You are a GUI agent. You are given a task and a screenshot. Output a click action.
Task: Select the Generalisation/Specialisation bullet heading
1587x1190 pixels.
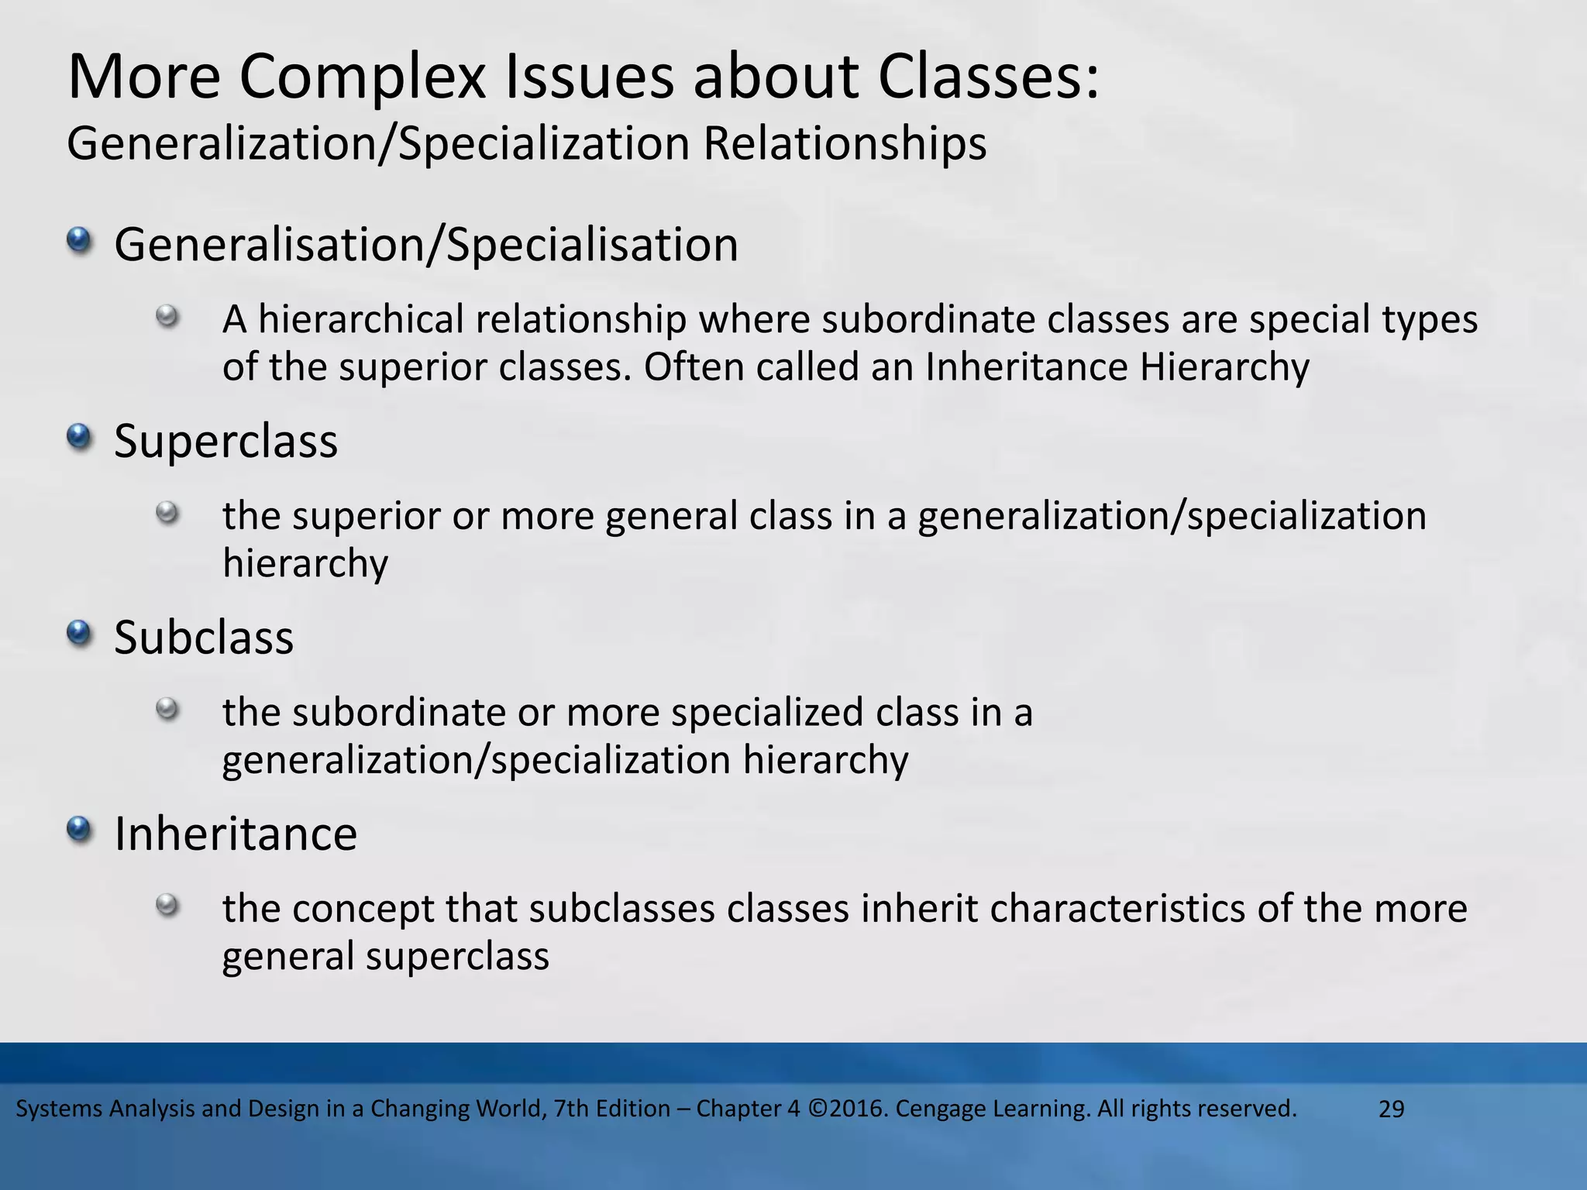[x=425, y=245]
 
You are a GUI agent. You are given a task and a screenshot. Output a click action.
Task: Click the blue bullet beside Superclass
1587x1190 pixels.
[x=79, y=438]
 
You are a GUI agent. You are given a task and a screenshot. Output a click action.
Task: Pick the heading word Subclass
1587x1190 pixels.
[x=204, y=638]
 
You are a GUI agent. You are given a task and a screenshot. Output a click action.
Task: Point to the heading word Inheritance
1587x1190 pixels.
[x=236, y=834]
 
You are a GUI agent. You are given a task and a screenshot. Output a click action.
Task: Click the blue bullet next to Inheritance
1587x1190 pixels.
[x=79, y=831]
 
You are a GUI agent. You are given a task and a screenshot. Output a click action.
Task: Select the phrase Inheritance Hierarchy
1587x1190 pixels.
[x=1117, y=367]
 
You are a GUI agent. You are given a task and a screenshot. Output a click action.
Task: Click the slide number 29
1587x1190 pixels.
[x=1391, y=1109]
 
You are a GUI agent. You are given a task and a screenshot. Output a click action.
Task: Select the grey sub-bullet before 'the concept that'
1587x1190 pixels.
[x=167, y=905]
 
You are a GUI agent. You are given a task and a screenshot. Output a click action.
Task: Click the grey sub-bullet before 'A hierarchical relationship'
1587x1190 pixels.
[x=167, y=316]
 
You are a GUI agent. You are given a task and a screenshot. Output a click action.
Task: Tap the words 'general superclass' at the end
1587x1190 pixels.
[x=385, y=957]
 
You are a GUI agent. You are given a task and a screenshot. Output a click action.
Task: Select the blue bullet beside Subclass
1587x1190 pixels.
[x=79, y=634]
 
